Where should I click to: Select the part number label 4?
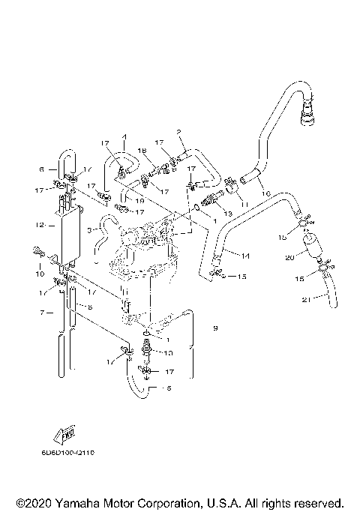coord(124,137)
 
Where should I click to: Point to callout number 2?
coord(179,132)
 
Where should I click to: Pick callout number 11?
coord(243,202)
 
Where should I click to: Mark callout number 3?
coord(89,230)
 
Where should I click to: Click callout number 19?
coord(139,200)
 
